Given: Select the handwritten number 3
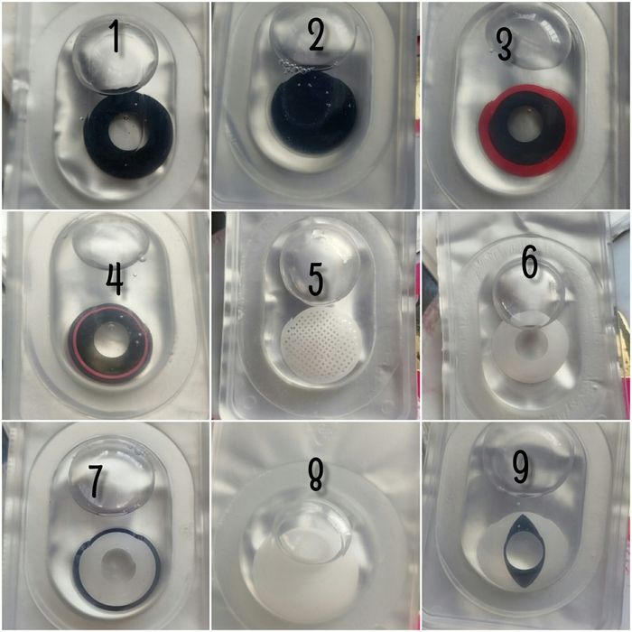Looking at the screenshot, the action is coord(504,46).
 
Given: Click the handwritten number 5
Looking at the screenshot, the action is coord(316,279).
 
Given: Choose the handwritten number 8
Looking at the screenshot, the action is coord(316,475).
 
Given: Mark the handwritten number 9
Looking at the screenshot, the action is coord(520,468).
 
